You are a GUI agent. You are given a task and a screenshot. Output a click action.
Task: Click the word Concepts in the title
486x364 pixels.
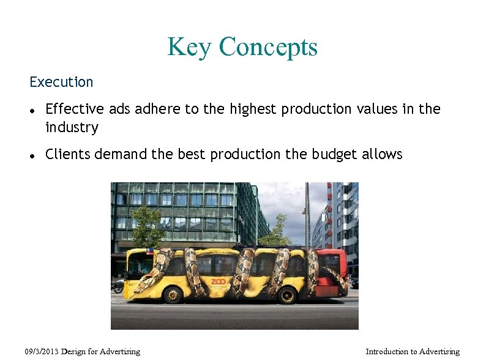(x=267, y=47)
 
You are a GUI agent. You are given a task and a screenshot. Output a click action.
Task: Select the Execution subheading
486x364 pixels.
(x=61, y=82)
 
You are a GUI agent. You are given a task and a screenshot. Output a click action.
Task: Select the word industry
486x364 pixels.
(x=72, y=128)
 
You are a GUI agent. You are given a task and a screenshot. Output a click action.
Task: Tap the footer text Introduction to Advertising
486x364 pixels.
(x=412, y=352)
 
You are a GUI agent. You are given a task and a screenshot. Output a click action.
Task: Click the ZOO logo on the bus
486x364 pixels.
(x=219, y=281)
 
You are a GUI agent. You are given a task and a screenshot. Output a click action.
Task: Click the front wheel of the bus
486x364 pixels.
(x=173, y=295)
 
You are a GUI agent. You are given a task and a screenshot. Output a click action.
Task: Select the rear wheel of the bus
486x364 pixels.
(x=286, y=295)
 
